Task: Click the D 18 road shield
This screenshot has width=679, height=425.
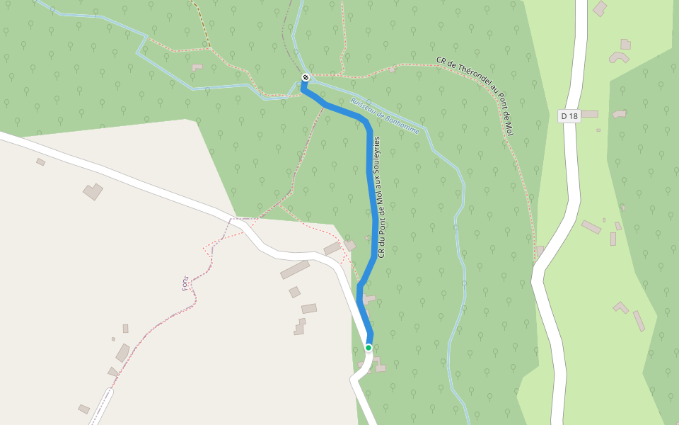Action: tap(569, 115)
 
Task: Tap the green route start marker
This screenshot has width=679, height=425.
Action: tap(368, 347)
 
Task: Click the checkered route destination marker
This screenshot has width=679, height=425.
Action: tap(305, 77)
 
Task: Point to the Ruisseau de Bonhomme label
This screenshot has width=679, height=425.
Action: tap(385, 115)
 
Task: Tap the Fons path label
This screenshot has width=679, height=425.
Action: tap(186, 283)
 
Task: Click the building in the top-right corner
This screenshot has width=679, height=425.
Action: tap(600, 8)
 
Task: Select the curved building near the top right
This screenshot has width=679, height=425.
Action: tap(619, 56)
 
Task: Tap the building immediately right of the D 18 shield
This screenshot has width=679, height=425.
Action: tap(589, 113)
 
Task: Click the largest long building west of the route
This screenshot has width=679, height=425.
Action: tap(295, 270)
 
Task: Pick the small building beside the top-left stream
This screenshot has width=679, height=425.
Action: tap(197, 67)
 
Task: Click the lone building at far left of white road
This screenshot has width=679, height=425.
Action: tap(40, 162)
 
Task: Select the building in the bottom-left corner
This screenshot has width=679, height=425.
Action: tap(84, 409)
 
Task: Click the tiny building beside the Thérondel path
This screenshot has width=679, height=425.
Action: tap(391, 69)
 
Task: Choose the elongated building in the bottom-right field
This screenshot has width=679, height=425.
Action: tap(639, 321)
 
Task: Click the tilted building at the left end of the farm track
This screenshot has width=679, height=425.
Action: tap(93, 191)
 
